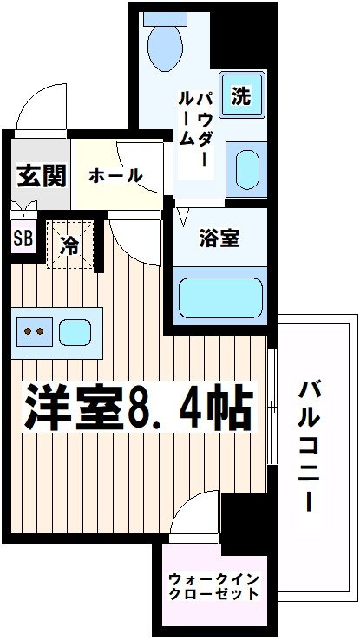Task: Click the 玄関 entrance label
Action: point(41,176)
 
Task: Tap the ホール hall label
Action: point(115,175)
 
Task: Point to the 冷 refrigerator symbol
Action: point(69,245)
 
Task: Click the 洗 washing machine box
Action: point(239,95)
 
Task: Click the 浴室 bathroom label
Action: point(220,237)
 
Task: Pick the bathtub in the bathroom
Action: point(219,297)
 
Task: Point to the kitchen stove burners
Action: point(36,330)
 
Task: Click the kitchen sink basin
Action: point(75,330)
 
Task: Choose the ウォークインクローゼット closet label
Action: point(213,587)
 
